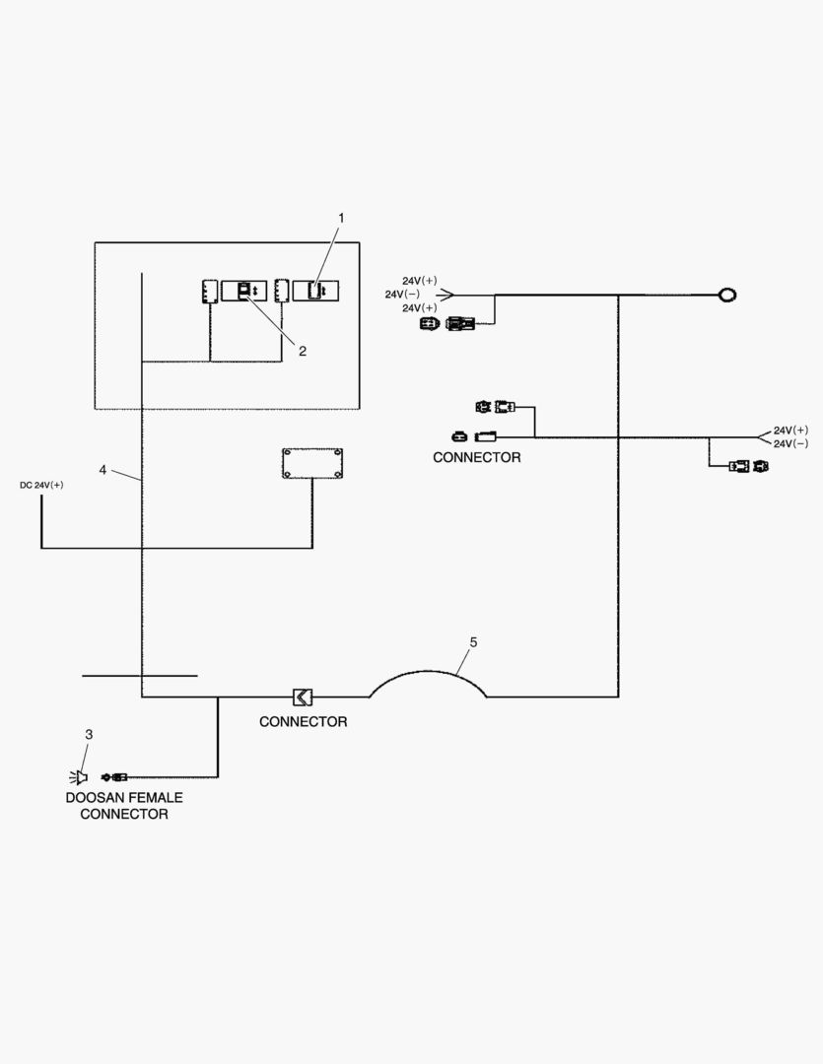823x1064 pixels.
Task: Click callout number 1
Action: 342,216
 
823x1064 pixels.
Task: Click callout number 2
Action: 303,351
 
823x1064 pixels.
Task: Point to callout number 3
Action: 89,734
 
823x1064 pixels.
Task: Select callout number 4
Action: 103,470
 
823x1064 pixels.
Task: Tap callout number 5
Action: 473,642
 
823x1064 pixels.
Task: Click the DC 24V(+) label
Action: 41,485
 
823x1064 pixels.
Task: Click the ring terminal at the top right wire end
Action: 727,294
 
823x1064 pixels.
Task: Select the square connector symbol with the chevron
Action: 303,697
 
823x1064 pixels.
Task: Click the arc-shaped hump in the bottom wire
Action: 428,680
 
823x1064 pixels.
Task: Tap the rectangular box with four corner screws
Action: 312,463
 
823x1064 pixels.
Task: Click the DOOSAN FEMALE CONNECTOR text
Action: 124,806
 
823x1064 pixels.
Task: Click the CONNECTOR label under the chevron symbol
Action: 304,722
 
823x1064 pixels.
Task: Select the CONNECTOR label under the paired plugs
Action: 477,458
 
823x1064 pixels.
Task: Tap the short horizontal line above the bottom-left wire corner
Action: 139,676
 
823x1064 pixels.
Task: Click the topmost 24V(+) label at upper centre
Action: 420,280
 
